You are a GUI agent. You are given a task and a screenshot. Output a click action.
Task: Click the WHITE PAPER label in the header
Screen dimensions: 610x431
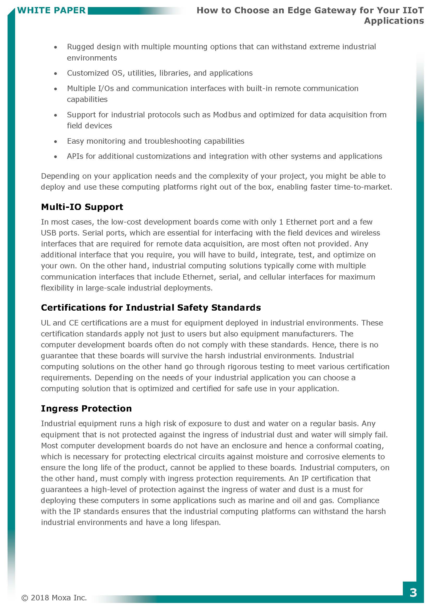pyautogui.click(x=52, y=10)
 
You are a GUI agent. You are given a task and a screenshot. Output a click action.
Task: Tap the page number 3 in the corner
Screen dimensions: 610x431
pyautogui.click(x=413, y=593)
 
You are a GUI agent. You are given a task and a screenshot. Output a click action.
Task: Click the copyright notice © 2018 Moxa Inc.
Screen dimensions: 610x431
pyautogui.click(x=54, y=598)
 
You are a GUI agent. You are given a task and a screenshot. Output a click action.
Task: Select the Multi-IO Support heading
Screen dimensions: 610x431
pyautogui.click(x=82, y=207)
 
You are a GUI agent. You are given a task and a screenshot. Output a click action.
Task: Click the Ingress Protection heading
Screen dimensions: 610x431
pyautogui.click(x=86, y=408)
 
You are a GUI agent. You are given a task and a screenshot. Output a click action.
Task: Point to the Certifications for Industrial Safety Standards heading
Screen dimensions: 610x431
pyautogui.click(x=151, y=308)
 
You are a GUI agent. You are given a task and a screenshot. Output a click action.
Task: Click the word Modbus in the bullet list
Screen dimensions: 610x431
pyautogui.click(x=227, y=115)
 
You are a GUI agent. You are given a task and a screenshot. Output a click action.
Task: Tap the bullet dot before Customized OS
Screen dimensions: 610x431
pyautogui.click(x=56, y=74)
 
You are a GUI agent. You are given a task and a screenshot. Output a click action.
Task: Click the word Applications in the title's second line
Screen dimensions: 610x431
pyautogui.click(x=394, y=21)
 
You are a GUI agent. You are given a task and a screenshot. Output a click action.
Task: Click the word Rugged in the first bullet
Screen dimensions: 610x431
pyautogui.click(x=81, y=47)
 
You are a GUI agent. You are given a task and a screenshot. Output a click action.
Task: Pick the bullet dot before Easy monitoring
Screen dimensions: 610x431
pyautogui.click(x=56, y=142)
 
